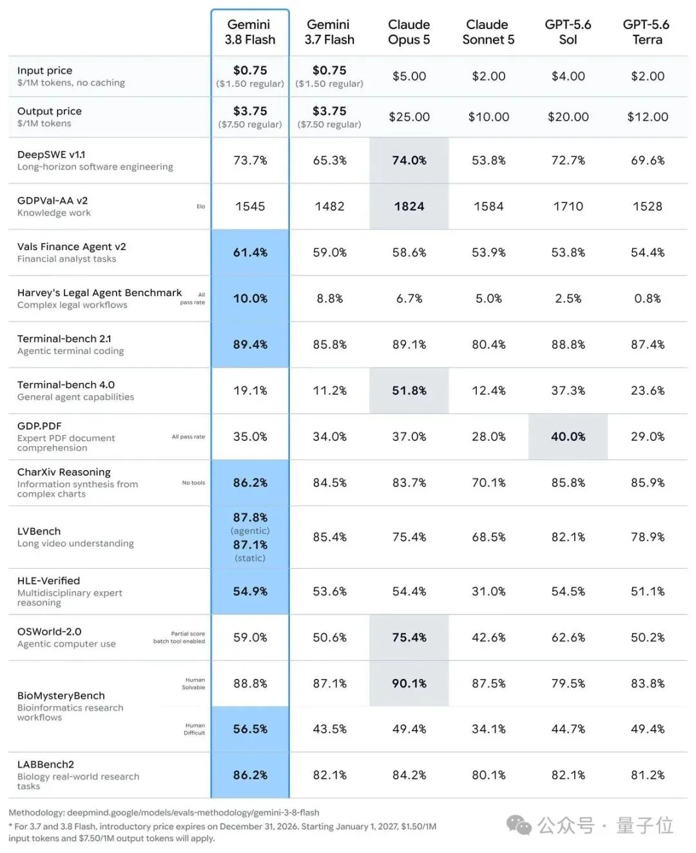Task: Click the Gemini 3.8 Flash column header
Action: (250, 32)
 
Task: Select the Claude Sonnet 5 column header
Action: (488, 32)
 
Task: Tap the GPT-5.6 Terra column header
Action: (646, 32)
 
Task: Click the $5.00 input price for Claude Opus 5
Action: (409, 76)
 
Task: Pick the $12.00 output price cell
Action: (648, 117)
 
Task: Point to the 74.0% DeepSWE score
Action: (409, 160)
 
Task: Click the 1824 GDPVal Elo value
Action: (409, 206)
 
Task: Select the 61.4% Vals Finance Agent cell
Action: (250, 252)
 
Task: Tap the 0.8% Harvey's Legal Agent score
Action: (648, 299)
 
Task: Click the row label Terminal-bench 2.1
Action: (64, 338)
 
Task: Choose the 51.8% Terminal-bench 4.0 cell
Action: (409, 391)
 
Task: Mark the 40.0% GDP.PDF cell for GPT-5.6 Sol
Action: (568, 436)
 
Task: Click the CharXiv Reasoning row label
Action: (64, 472)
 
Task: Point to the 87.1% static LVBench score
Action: (250, 545)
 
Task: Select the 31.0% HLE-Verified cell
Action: (488, 591)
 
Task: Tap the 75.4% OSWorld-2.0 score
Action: (409, 638)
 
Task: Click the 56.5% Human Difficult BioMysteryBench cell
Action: (250, 729)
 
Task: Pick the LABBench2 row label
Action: (46, 764)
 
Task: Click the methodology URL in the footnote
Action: (193, 812)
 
